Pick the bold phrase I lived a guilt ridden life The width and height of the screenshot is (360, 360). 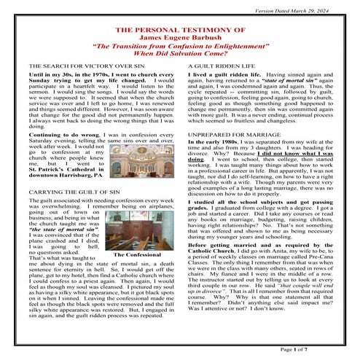(219, 75)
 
